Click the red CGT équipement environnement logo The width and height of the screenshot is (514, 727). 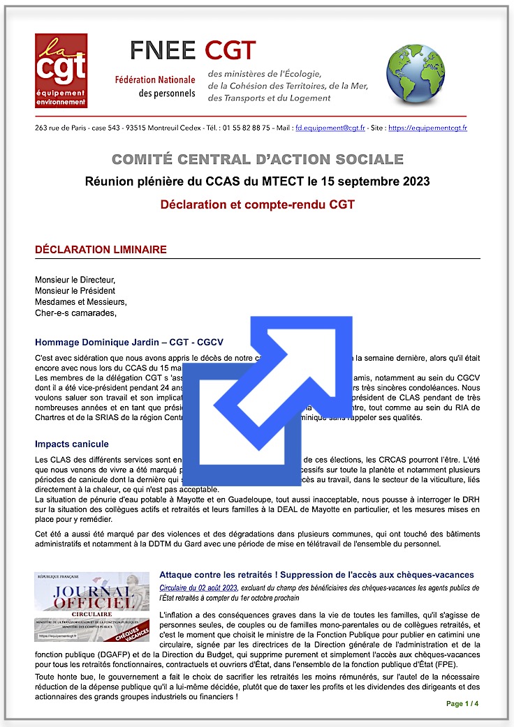click(x=61, y=70)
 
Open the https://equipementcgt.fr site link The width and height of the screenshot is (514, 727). click(x=427, y=128)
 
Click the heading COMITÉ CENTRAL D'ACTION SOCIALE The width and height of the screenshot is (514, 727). click(x=257, y=160)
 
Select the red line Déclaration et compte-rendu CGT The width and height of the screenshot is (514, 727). click(x=257, y=205)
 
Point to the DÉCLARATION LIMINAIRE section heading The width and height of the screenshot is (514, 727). click(x=101, y=250)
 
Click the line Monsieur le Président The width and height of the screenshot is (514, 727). click(x=75, y=290)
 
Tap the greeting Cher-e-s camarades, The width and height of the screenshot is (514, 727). click(x=75, y=313)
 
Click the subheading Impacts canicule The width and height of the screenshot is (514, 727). click(x=71, y=444)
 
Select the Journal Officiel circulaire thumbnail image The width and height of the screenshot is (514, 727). click(x=91, y=607)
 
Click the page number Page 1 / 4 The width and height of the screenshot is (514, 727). click(x=463, y=703)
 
